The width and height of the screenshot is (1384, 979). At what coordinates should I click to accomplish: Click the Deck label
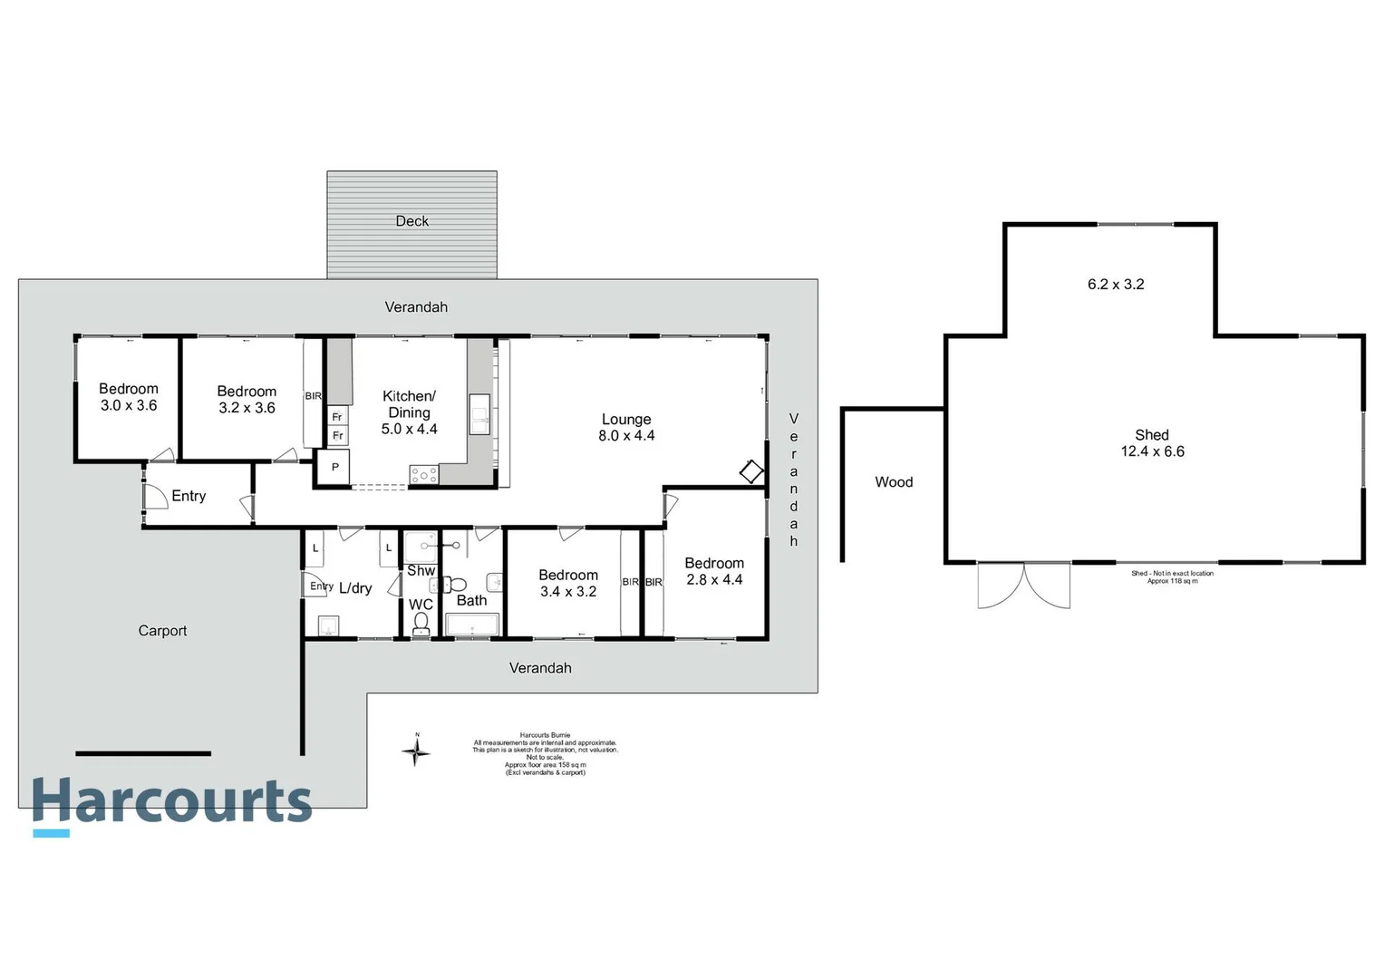pyautogui.click(x=412, y=221)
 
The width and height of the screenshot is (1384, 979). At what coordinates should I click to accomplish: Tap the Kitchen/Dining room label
pyautogui.click(x=410, y=412)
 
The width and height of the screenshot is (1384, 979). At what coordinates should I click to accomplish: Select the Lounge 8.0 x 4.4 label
pyautogui.click(x=626, y=427)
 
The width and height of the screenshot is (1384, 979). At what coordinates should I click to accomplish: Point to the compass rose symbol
pyautogui.click(x=416, y=751)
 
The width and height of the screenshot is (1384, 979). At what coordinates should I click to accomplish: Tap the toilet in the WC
pyautogui.click(x=421, y=623)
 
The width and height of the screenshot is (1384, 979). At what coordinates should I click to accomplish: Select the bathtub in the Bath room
pyautogui.click(x=472, y=625)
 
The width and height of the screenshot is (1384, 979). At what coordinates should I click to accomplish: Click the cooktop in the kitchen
pyautogui.click(x=423, y=475)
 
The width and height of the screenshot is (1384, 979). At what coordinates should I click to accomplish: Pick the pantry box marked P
pyautogui.click(x=334, y=468)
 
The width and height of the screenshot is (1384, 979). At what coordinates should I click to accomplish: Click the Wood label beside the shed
pyautogui.click(x=894, y=482)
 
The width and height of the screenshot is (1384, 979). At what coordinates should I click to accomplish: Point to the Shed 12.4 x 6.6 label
pyautogui.click(x=1152, y=443)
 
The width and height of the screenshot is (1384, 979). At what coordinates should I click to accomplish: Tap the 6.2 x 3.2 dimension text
pyautogui.click(x=1116, y=285)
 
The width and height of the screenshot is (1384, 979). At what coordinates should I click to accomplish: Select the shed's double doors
pyautogui.click(x=1024, y=585)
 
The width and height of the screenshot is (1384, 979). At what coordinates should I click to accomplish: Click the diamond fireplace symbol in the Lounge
pyautogui.click(x=751, y=471)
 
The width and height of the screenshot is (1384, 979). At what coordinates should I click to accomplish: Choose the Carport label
pyautogui.click(x=163, y=631)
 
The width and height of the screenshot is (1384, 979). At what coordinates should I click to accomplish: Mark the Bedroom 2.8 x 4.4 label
pyautogui.click(x=714, y=571)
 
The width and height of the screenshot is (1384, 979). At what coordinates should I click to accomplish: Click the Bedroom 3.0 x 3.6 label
pyautogui.click(x=129, y=397)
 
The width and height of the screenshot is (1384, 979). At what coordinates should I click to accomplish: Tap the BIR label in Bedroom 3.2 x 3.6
pyautogui.click(x=313, y=396)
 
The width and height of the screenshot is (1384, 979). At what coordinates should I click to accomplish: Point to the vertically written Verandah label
pyautogui.click(x=794, y=480)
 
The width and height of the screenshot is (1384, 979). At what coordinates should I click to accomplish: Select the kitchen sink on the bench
pyautogui.click(x=479, y=414)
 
